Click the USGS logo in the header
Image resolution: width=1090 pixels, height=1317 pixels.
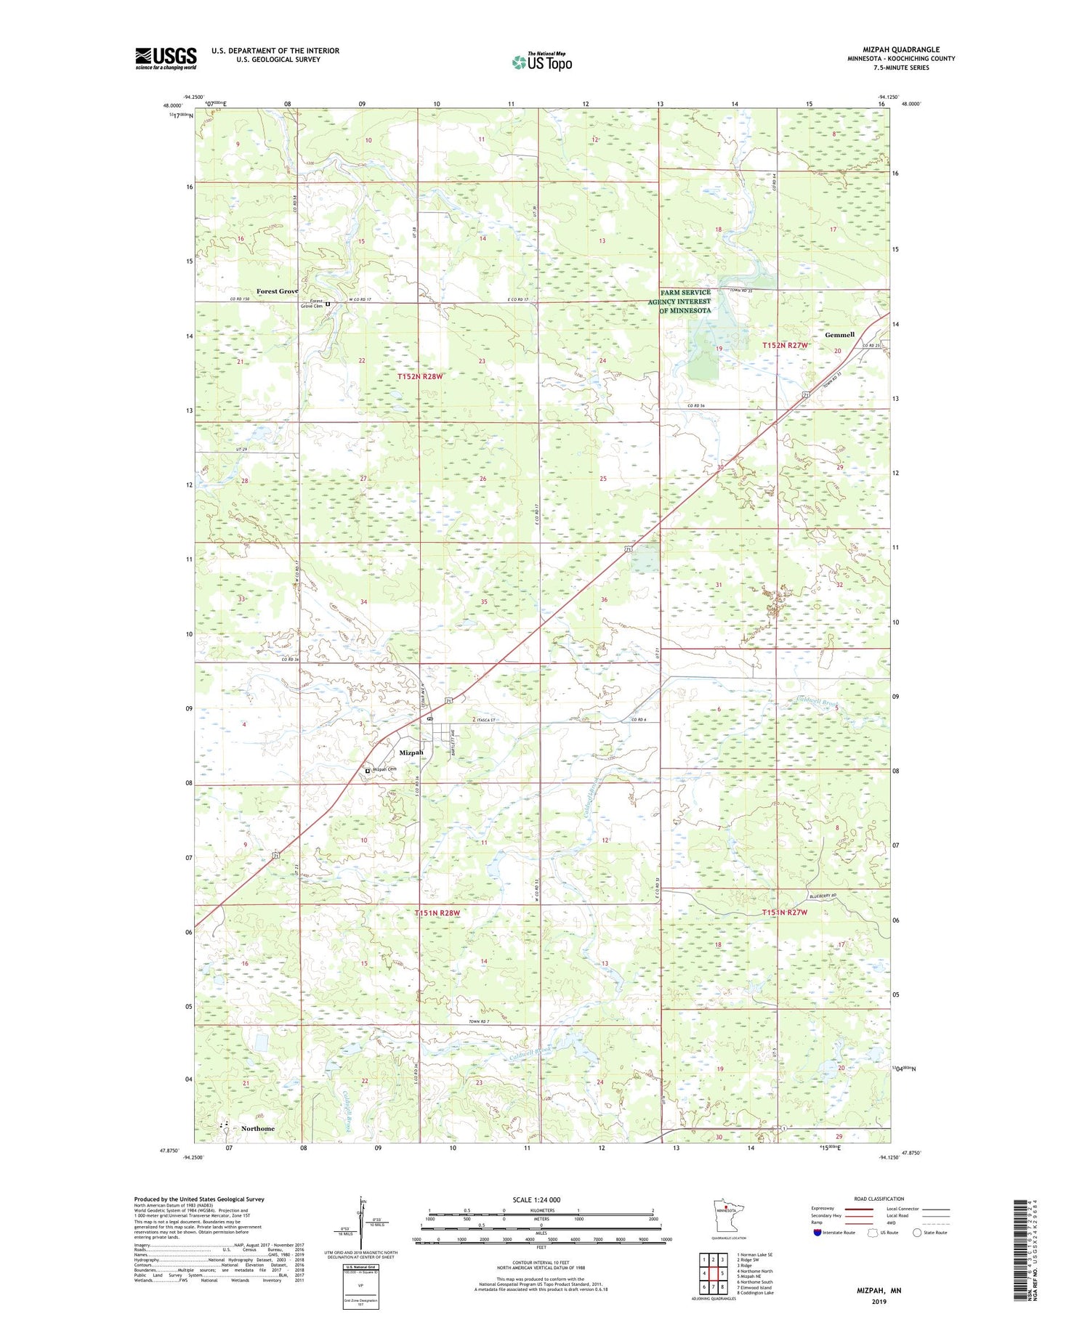166,58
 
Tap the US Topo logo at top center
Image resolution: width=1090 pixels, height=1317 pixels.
541,62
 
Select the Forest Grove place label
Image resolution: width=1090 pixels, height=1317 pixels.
277,291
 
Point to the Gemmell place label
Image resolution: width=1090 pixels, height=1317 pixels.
839,335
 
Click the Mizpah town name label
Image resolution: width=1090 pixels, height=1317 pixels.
411,753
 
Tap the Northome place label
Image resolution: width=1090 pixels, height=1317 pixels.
258,1128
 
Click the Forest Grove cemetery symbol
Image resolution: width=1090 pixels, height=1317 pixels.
328,304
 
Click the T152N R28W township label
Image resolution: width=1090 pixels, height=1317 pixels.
419,376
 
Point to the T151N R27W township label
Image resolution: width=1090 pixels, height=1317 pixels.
784,912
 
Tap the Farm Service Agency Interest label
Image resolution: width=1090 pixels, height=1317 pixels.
685,301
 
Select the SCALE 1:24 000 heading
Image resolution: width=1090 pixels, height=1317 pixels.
541,1199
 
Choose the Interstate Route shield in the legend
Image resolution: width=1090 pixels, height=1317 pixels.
817,1233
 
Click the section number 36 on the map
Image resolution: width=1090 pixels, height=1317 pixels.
604,599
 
